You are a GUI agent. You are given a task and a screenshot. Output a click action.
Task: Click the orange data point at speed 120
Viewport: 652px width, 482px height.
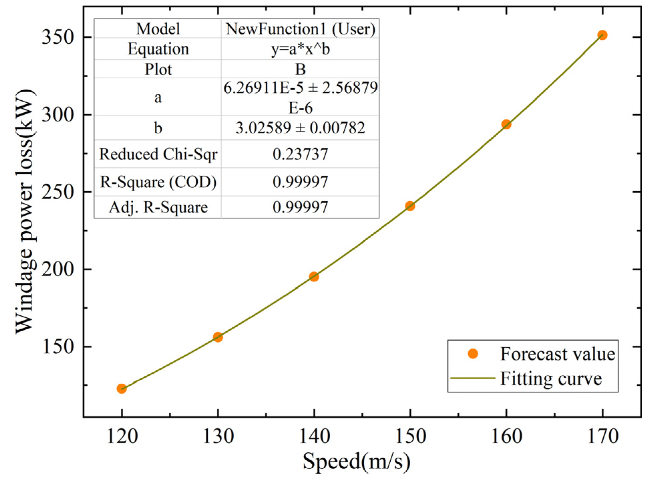click(122, 388)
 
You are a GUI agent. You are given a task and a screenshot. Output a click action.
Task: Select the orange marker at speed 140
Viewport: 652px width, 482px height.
click(314, 276)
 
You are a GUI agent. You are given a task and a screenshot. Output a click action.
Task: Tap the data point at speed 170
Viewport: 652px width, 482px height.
click(602, 35)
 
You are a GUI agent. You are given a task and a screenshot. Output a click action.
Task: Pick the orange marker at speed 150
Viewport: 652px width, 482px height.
click(410, 206)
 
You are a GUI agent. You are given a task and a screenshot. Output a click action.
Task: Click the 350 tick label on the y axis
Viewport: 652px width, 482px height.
click(57, 38)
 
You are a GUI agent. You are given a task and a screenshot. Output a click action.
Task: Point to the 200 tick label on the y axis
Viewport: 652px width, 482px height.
click(57, 269)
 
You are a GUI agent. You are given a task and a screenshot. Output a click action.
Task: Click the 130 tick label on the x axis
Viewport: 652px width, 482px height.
click(218, 436)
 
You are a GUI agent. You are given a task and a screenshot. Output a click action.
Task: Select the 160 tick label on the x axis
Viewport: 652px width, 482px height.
click(506, 436)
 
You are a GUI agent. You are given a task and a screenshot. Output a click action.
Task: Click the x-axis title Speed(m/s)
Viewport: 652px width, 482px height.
click(356, 462)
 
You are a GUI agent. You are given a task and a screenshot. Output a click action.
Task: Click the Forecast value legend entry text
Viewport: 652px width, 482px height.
click(558, 354)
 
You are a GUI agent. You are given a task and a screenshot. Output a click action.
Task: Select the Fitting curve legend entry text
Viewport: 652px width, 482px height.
click(551, 379)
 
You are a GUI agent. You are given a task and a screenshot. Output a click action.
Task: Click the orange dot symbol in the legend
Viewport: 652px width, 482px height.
click(473, 354)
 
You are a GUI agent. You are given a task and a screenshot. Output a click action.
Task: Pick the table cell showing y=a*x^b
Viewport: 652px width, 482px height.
click(300, 49)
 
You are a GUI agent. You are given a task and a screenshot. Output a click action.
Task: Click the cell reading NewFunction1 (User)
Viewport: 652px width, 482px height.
click(300, 29)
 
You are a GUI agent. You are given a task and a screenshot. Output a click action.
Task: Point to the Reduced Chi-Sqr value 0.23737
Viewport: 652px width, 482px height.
click(300, 154)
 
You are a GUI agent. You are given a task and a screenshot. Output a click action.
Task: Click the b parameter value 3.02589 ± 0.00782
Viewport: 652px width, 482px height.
click(300, 128)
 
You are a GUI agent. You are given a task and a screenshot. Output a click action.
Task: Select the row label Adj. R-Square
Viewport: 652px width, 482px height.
click(158, 207)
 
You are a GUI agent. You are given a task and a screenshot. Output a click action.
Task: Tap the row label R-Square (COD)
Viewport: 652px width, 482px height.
click(158, 182)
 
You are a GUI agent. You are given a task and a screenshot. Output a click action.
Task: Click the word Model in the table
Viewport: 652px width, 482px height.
click(158, 29)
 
